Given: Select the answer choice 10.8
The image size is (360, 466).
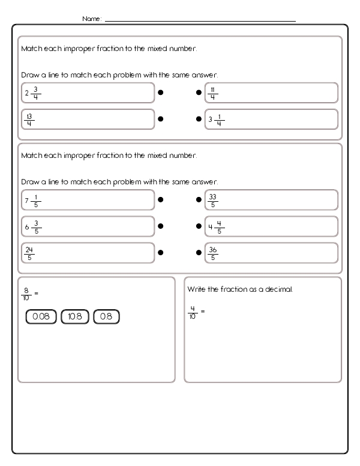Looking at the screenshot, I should (75, 316).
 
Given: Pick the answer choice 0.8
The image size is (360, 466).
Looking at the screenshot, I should (107, 316).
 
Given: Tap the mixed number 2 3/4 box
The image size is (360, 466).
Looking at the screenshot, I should (88, 93).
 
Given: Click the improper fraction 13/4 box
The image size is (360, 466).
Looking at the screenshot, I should (88, 119).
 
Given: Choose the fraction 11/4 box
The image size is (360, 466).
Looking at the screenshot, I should (271, 93).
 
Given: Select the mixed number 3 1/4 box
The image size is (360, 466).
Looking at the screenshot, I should (271, 119).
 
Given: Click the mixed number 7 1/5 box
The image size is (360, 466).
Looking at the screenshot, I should (88, 200).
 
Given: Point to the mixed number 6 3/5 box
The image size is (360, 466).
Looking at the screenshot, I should (88, 226).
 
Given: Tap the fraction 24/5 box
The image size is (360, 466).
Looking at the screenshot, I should (88, 253).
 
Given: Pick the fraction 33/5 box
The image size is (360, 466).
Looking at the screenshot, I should (271, 200).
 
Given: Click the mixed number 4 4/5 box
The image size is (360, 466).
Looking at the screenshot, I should (271, 226).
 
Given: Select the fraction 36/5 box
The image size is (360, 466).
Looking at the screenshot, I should (271, 253).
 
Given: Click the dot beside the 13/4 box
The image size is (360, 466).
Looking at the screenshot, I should (161, 119).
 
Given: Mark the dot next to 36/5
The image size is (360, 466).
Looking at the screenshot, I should (199, 253).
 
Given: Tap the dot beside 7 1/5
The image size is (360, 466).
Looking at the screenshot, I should (161, 200).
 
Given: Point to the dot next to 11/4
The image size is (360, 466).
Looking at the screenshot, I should (199, 93).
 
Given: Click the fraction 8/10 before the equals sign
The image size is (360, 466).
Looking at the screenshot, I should (26, 293).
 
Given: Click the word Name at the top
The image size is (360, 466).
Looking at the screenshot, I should (91, 19).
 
